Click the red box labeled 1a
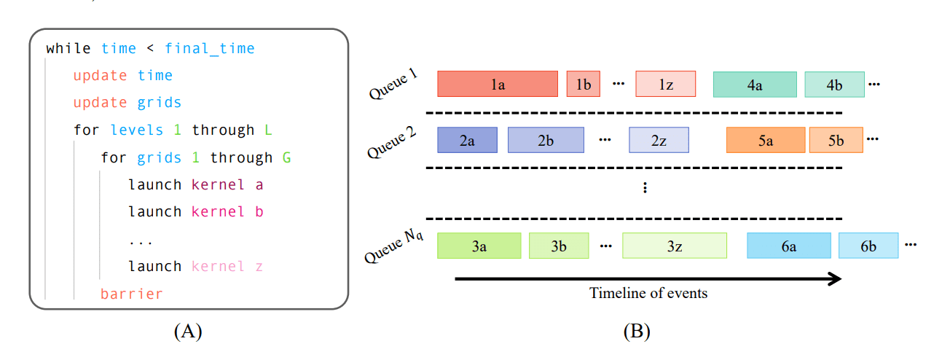(497, 85)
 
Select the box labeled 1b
(583, 85)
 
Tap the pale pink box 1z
(665, 85)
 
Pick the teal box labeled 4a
(755, 85)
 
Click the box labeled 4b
(834, 85)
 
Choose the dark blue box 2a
(467, 140)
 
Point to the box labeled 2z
(659, 140)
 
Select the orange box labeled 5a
(766, 140)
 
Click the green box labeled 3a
(479, 246)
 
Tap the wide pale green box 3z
(674, 246)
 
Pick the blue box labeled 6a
(788, 246)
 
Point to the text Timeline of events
(648, 294)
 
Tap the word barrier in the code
(131, 294)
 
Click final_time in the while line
(210, 49)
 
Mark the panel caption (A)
(188, 332)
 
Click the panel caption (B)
(636, 332)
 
